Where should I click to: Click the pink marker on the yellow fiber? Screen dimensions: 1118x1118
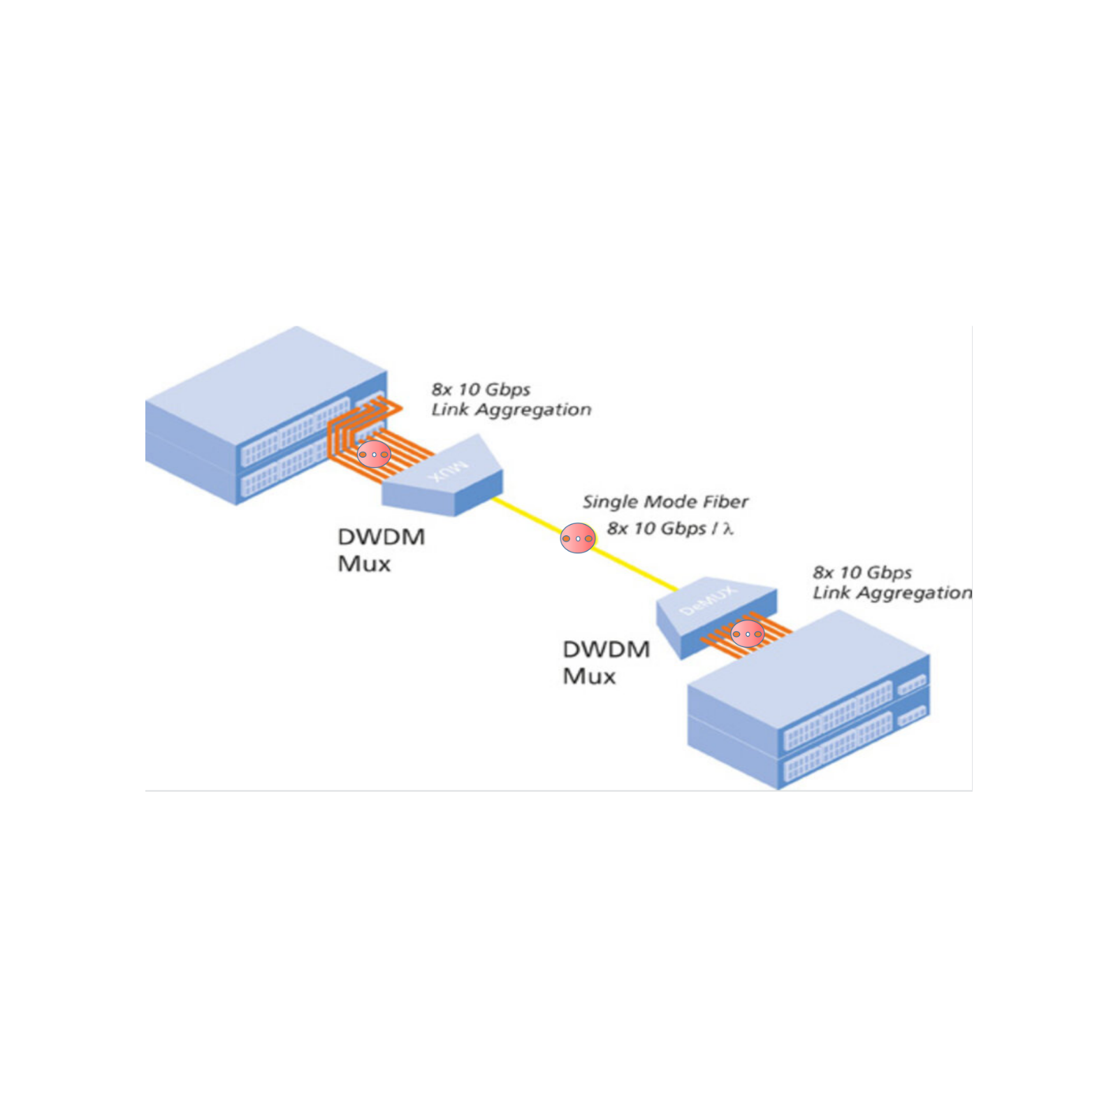pos(578,538)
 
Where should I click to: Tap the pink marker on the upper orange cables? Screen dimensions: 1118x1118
pos(374,455)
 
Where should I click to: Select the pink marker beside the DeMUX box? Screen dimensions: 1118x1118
pos(748,634)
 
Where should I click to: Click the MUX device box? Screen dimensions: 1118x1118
pos(447,479)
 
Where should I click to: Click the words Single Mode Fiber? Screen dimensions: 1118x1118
pos(665,502)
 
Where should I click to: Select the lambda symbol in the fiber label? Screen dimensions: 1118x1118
pos(728,529)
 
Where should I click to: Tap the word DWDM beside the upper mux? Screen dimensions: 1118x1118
pos(381,537)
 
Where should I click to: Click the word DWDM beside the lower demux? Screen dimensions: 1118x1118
pos(606,649)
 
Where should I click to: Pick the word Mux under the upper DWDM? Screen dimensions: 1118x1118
pos(363,564)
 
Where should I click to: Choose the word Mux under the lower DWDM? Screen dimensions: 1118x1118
pos(589,676)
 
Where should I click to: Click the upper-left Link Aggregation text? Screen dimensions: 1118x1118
pos(511,409)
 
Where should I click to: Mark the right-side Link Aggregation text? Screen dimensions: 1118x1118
pos(892,593)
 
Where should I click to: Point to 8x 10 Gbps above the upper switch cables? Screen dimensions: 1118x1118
pos(481,389)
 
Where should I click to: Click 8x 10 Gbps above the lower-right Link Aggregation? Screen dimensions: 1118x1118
pos(862,572)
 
